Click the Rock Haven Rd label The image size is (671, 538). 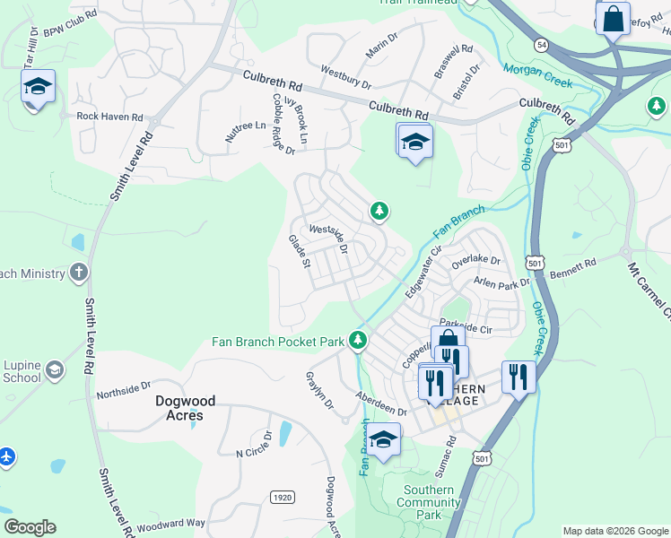point(109,117)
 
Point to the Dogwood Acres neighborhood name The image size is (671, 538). point(191,409)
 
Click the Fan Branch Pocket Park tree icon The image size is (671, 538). point(358,340)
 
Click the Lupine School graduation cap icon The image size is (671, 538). point(56,370)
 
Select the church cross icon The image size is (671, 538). point(79,273)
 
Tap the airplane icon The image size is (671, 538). point(7,456)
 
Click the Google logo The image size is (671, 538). point(30,527)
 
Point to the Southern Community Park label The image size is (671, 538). point(428,502)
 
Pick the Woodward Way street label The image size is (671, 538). point(170,524)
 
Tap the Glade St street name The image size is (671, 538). point(299,252)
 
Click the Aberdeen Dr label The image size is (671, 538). point(381,404)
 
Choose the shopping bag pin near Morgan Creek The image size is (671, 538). point(613,19)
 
